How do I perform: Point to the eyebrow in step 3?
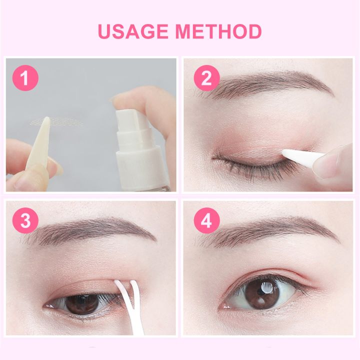tap(95, 229)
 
